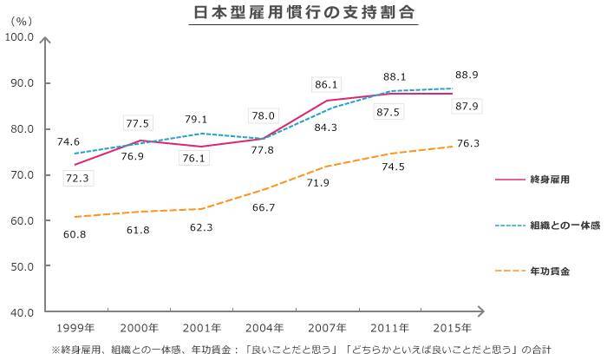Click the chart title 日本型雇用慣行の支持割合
point(303,14)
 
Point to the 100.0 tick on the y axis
point(18,37)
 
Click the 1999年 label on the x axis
point(76,328)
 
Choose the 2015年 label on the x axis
point(452,328)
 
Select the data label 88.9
point(468,75)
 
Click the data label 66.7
point(264,207)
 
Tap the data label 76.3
point(468,144)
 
